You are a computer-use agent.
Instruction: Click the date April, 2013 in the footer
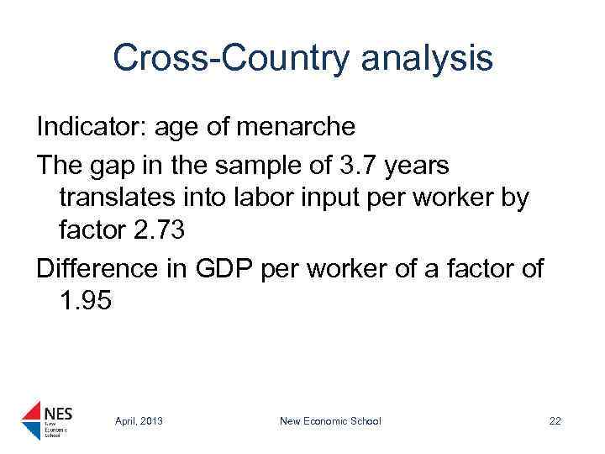(x=139, y=420)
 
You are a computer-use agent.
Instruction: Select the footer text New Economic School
(x=330, y=420)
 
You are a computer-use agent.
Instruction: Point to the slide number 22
(x=555, y=420)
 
